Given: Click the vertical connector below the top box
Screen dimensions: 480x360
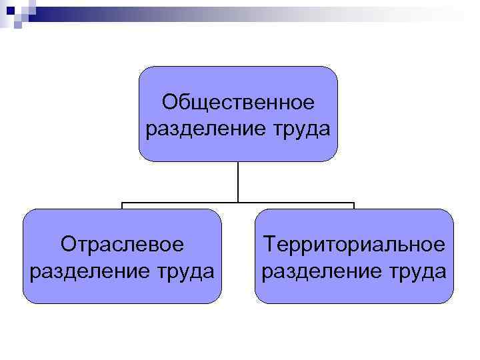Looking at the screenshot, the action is [x=238, y=181].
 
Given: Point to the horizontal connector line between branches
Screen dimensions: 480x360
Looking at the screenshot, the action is [x=180, y=203].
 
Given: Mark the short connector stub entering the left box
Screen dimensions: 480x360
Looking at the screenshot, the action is [x=122, y=206].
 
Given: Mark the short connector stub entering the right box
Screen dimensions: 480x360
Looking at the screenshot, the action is [x=354, y=206].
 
